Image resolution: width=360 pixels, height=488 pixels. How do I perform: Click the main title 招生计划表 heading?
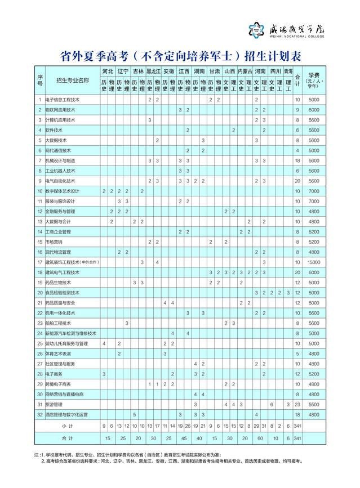pos(180,56)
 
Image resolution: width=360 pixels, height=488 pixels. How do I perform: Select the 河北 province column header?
pos(107,71)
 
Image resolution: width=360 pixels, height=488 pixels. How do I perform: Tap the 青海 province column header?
pos(287,71)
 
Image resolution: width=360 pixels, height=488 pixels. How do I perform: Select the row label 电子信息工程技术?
pos(63,100)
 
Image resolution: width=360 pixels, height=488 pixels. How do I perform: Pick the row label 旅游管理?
pos(54,404)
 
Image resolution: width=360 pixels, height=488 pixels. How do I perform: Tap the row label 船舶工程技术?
pos(59,323)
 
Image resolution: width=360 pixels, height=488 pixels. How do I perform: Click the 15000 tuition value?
pos(314,262)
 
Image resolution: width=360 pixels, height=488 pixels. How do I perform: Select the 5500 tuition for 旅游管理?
pos(314,404)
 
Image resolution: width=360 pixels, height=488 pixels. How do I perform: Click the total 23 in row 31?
pos(297,404)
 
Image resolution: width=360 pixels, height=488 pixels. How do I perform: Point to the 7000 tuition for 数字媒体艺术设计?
pos(314,191)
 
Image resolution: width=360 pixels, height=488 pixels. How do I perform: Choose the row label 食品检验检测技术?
pos(63,293)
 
